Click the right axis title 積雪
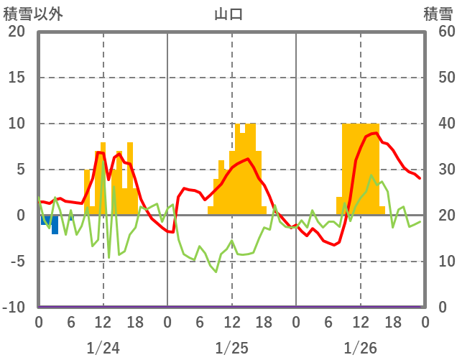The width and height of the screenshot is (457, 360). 438,14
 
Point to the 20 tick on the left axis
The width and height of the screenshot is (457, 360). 17,32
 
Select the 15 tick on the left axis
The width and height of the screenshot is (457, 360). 17,78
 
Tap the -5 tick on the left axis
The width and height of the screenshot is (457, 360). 17,262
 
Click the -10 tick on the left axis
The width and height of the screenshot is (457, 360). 14,308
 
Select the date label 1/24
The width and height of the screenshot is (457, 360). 103,349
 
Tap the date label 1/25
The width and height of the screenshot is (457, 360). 231,349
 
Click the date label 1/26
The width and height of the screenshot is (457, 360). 360,349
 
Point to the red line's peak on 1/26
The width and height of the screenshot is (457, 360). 375,133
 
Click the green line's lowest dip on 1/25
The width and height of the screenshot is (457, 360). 216,272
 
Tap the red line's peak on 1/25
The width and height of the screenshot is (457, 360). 248,159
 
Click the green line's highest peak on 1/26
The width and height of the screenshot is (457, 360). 371,175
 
